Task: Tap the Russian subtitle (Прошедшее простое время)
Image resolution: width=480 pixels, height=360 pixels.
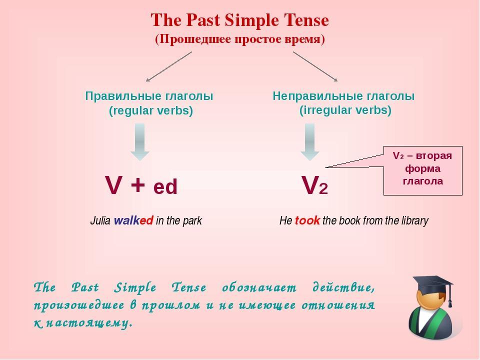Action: pos(239,39)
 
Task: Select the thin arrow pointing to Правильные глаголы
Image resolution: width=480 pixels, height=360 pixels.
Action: pos(169,66)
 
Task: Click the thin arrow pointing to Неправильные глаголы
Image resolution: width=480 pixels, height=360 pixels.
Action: pos(315,66)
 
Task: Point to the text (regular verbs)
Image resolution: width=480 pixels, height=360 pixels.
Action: pos(151,110)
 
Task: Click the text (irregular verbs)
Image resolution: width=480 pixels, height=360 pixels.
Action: pos(345,110)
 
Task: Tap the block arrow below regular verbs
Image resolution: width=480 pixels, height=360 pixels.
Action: pos(140,142)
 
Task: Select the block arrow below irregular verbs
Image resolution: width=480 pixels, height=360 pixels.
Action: pos(310,142)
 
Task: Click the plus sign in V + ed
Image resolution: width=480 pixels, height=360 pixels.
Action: pos(137,184)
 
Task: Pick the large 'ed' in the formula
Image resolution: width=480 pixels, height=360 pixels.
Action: pos(165,186)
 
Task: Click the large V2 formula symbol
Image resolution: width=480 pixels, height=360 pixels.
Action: pos(314,185)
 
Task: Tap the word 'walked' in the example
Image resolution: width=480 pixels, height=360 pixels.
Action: pos(133,220)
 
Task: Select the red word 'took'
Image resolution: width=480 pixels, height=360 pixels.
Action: pos(307,220)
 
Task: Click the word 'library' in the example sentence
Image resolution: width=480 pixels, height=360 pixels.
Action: pos(415,220)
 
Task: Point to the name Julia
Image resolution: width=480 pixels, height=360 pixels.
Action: pos(100,220)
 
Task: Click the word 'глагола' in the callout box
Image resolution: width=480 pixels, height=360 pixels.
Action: pos(423,181)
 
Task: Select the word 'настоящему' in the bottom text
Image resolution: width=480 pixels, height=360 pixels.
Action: pos(89,322)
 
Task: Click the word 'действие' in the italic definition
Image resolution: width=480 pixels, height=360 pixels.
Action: pos(343,288)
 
